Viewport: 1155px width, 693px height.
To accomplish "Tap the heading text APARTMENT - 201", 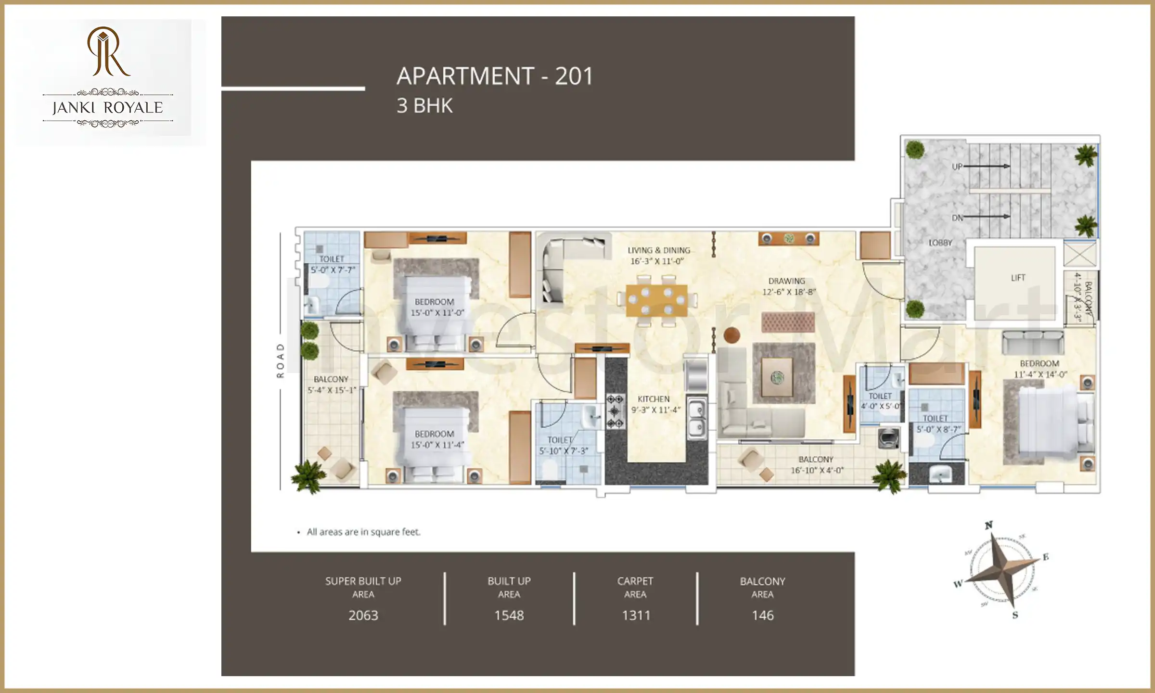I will tap(495, 76).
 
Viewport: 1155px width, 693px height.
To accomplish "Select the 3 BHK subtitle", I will tap(424, 106).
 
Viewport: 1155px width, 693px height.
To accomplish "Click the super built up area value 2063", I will tap(363, 615).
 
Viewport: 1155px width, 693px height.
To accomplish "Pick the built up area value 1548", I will tap(509, 615).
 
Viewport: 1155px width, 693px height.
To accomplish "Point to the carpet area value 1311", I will tap(636, 615).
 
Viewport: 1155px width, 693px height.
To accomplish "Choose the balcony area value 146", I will tap(763, 615).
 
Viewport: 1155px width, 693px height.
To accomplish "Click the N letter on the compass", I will tap(988, 525).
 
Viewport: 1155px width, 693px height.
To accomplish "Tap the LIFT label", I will tap(1018, 278).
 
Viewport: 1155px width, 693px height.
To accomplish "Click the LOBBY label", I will tap(940, 243).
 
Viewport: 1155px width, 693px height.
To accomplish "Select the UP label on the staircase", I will tap(957, 167).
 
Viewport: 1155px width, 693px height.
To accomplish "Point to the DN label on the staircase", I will tap(957, 218).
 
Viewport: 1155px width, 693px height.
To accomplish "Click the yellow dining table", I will tap(656, 301).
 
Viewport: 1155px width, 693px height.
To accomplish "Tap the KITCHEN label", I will tap(654, 399).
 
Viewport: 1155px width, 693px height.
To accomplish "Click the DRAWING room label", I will tap(786, 281).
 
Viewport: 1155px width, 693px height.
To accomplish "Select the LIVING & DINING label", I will tap(658, 250).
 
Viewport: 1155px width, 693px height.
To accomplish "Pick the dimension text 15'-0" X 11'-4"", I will tap(437, 445).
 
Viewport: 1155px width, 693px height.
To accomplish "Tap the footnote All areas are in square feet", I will tap(363, 532).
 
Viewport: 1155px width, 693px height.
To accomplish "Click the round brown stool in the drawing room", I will tap(731, 335).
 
